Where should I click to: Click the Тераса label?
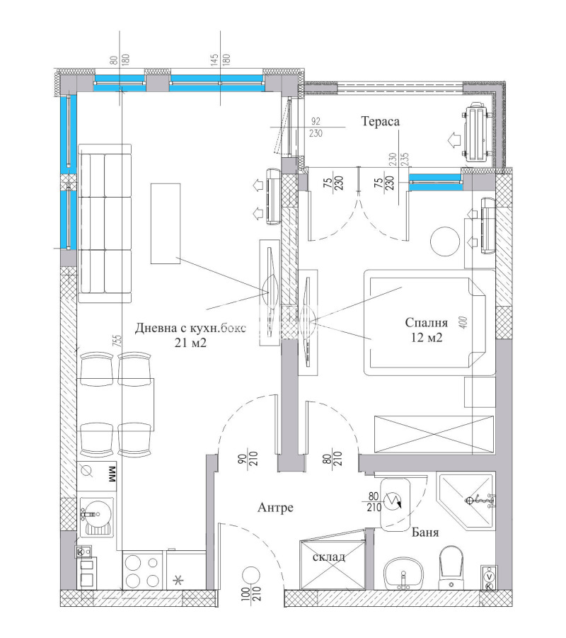[381, 122]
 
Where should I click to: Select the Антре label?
[275, 507]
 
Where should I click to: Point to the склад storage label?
[329, 557]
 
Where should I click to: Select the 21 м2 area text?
[190, 343]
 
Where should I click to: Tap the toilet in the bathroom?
[451, 567]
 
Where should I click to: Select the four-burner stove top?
[142, 571]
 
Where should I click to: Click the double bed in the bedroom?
[424, 322]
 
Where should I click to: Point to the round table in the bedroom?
[446, 241]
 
